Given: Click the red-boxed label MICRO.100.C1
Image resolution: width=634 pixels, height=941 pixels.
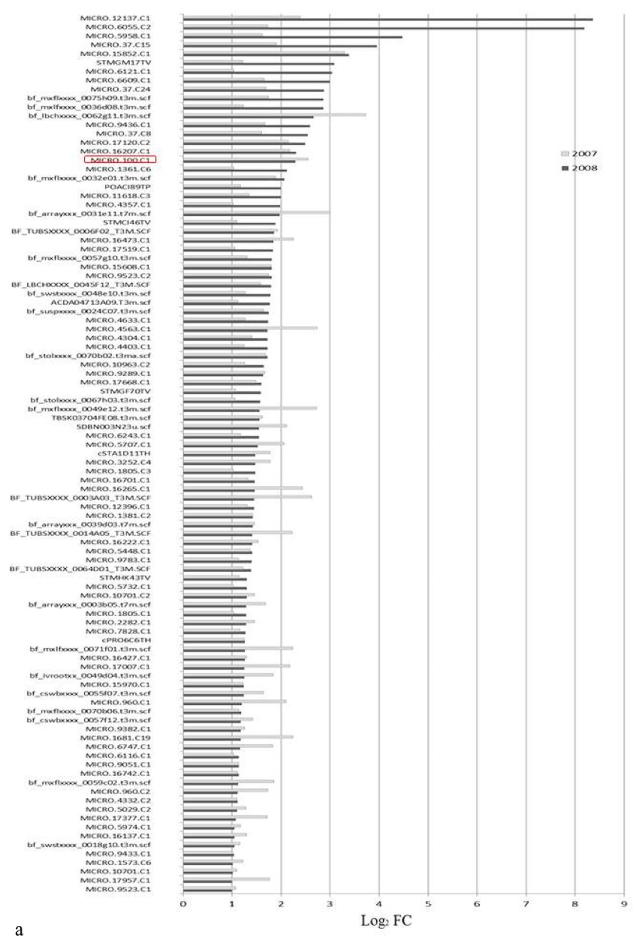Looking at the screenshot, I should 120,160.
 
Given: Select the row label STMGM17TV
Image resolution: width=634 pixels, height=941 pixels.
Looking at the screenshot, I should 123,62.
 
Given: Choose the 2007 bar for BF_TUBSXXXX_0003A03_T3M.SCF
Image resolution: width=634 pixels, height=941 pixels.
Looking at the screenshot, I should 283,496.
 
